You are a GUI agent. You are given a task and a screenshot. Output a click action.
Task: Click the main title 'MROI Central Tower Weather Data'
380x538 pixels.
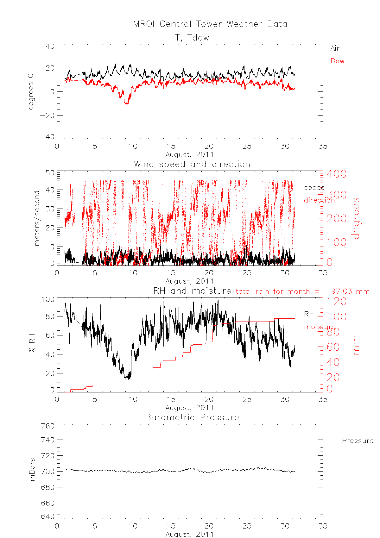(210, 24)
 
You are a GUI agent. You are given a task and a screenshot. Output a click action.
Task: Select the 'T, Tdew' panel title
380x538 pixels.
(192, 38)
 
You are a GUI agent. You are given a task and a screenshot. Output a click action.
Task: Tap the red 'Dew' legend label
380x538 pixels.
(337, 61)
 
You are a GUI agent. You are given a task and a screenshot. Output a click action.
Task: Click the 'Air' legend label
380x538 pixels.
(335, 48)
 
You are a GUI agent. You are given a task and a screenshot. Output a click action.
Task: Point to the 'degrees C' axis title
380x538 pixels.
(31, 92)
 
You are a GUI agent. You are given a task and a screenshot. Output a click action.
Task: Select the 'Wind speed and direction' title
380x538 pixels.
(192, 164)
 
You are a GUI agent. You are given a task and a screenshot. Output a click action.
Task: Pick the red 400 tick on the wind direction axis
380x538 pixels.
(337, 174)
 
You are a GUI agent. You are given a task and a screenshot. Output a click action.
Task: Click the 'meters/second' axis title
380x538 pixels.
(37, 218)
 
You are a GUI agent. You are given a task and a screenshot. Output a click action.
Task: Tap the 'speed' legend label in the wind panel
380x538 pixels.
(314, 188)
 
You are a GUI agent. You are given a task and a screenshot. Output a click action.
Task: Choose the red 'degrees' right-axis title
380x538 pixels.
(356, 218)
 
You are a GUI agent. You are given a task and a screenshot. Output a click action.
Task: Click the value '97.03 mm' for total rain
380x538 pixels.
(350, 291)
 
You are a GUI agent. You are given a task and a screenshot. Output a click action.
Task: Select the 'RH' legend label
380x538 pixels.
(309, 314)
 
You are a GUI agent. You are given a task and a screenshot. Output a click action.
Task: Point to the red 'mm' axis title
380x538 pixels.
(356, 345)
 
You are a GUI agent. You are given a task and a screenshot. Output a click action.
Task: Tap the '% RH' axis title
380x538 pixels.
(32, 345)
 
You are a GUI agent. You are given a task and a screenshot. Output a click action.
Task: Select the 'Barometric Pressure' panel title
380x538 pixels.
(192, 417)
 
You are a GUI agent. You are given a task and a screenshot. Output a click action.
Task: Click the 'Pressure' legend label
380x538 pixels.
(357, 441)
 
